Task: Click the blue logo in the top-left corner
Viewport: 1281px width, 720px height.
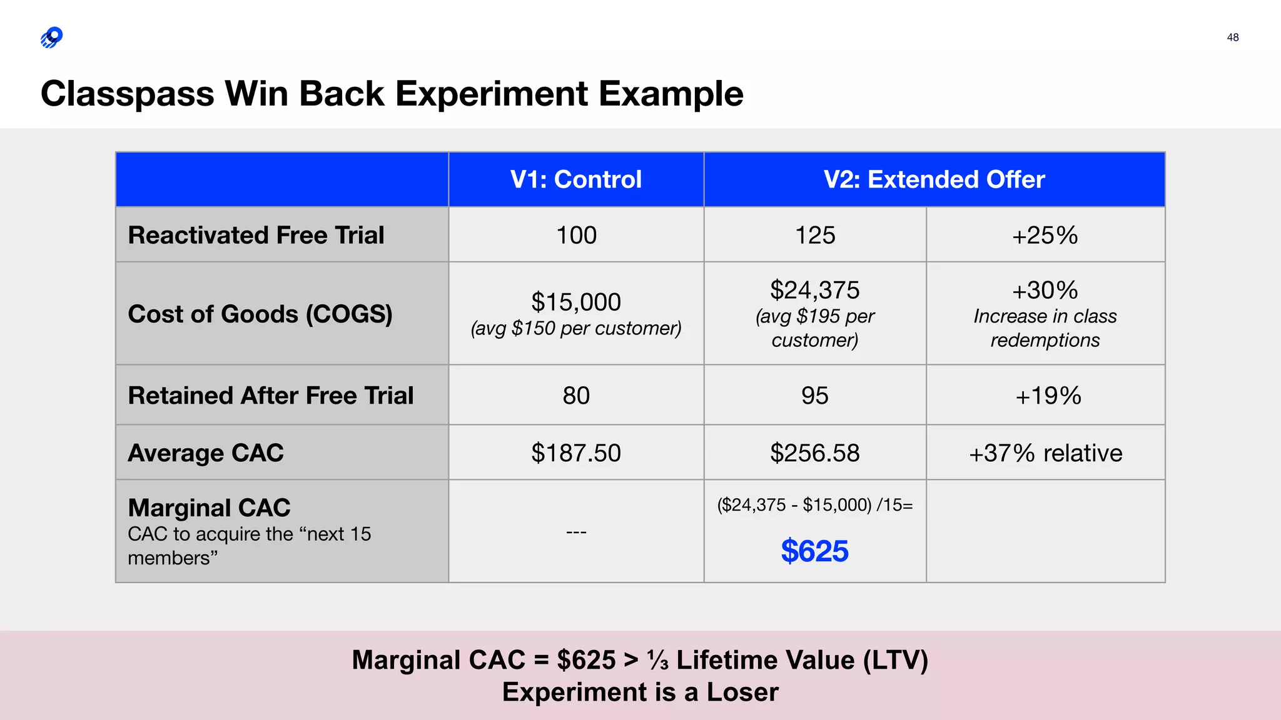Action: tap(52, 37)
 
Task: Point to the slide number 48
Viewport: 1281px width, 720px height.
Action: tap(1232, 37)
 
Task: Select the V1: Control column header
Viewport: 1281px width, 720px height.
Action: tap(575, 179)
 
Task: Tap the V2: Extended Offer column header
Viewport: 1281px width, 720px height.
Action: tap(934, 179)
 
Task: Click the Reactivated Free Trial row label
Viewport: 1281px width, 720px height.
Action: tap(256, 235)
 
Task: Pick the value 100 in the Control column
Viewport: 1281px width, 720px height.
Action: tap(576, 236)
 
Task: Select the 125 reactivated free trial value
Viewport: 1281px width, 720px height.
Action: tap(814, 236)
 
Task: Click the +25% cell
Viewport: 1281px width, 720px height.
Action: tap(1045, 236)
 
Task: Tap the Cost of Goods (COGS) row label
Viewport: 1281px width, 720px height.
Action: tap(260, 314)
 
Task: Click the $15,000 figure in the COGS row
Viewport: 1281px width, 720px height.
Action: tap(576, 302)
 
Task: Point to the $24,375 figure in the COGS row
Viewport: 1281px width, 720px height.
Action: tap(814, 290)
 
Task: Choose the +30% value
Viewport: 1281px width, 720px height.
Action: tap(1045, 290)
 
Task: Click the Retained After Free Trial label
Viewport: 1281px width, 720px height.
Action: tap(271, 396)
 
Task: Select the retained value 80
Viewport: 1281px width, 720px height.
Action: tap(576, 396)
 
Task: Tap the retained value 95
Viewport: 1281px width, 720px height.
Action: tap(814, 396)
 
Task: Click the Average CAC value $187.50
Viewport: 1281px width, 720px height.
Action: tap(576, 453)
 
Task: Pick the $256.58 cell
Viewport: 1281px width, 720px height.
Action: tap(814, 453)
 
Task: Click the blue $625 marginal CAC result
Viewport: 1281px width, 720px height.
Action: tap(814, 551)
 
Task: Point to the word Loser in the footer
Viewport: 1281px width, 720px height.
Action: tap(742, 692)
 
